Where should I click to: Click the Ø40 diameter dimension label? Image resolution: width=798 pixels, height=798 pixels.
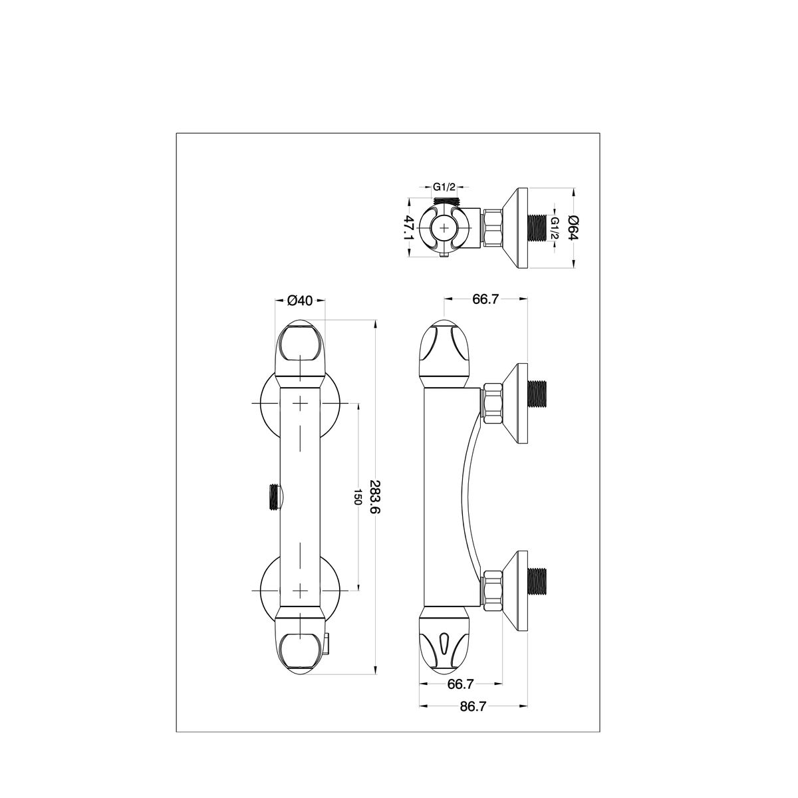300,301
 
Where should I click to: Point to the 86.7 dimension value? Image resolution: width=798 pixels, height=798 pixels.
473,706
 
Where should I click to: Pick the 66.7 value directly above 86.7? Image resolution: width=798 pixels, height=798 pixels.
460,684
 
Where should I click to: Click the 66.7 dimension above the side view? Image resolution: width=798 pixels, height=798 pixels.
485,299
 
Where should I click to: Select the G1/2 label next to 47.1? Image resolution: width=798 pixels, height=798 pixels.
444,187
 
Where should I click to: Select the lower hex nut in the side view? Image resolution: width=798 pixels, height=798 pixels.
492,591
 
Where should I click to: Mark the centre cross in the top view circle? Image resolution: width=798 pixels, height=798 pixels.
444,227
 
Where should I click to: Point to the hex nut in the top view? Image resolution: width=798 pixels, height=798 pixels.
492,228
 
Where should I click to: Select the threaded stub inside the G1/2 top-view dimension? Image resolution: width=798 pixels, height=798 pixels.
444,199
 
